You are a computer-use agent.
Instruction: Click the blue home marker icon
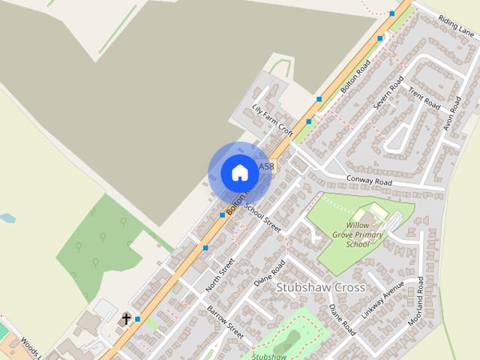click(239, 172)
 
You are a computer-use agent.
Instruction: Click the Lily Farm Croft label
click(273, 118)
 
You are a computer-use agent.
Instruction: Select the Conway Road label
click(369, 181)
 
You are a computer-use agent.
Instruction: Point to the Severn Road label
click(388, 91)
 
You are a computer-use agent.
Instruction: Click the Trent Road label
click(424, 97)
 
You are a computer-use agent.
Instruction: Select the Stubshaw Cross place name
click(320, 287)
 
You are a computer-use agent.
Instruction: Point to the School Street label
click(262, 217)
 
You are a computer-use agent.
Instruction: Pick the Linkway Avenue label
click(383, 301)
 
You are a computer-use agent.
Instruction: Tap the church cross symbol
click(126, 319)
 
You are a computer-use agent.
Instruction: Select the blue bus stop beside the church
click(137, 319)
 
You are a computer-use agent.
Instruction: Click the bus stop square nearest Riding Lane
click(391, 13)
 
